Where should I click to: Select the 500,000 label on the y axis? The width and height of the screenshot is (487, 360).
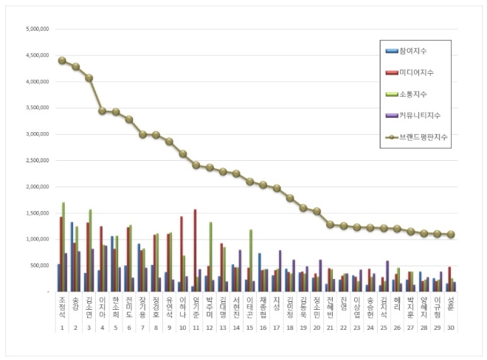[x=37, y=266]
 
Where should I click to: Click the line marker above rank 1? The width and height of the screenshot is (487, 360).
[x=62, y=60]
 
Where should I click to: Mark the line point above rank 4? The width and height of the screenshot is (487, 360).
[x=103, y=111]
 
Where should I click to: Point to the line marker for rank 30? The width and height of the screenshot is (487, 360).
[x=451, y=235]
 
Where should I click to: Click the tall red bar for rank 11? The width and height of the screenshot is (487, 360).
[x=195, y=251]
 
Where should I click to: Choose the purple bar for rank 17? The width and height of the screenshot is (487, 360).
[x=280, y=271]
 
